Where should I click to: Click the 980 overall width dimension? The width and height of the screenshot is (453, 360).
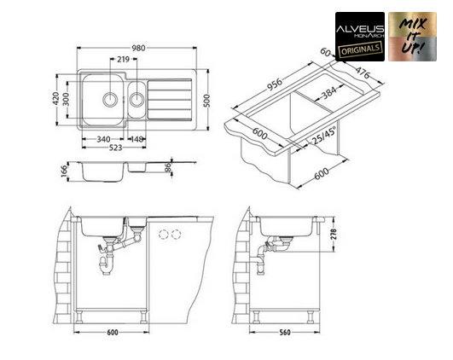[138, 48]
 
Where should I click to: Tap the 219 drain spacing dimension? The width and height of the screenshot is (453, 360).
[124, 59]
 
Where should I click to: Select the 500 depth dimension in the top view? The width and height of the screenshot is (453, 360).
[206, 101]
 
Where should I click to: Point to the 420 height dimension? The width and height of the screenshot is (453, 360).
[56, 99]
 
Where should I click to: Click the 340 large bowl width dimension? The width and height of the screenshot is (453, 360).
[103, 139]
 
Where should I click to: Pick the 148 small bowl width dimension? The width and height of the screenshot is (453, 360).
[137, 139]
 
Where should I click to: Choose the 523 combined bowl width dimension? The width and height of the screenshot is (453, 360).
[115, 148]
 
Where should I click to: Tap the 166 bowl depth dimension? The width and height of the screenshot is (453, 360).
[64, 171]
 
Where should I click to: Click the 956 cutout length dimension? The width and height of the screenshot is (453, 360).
[274, 84]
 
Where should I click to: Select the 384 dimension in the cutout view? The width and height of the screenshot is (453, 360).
[329, 93]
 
